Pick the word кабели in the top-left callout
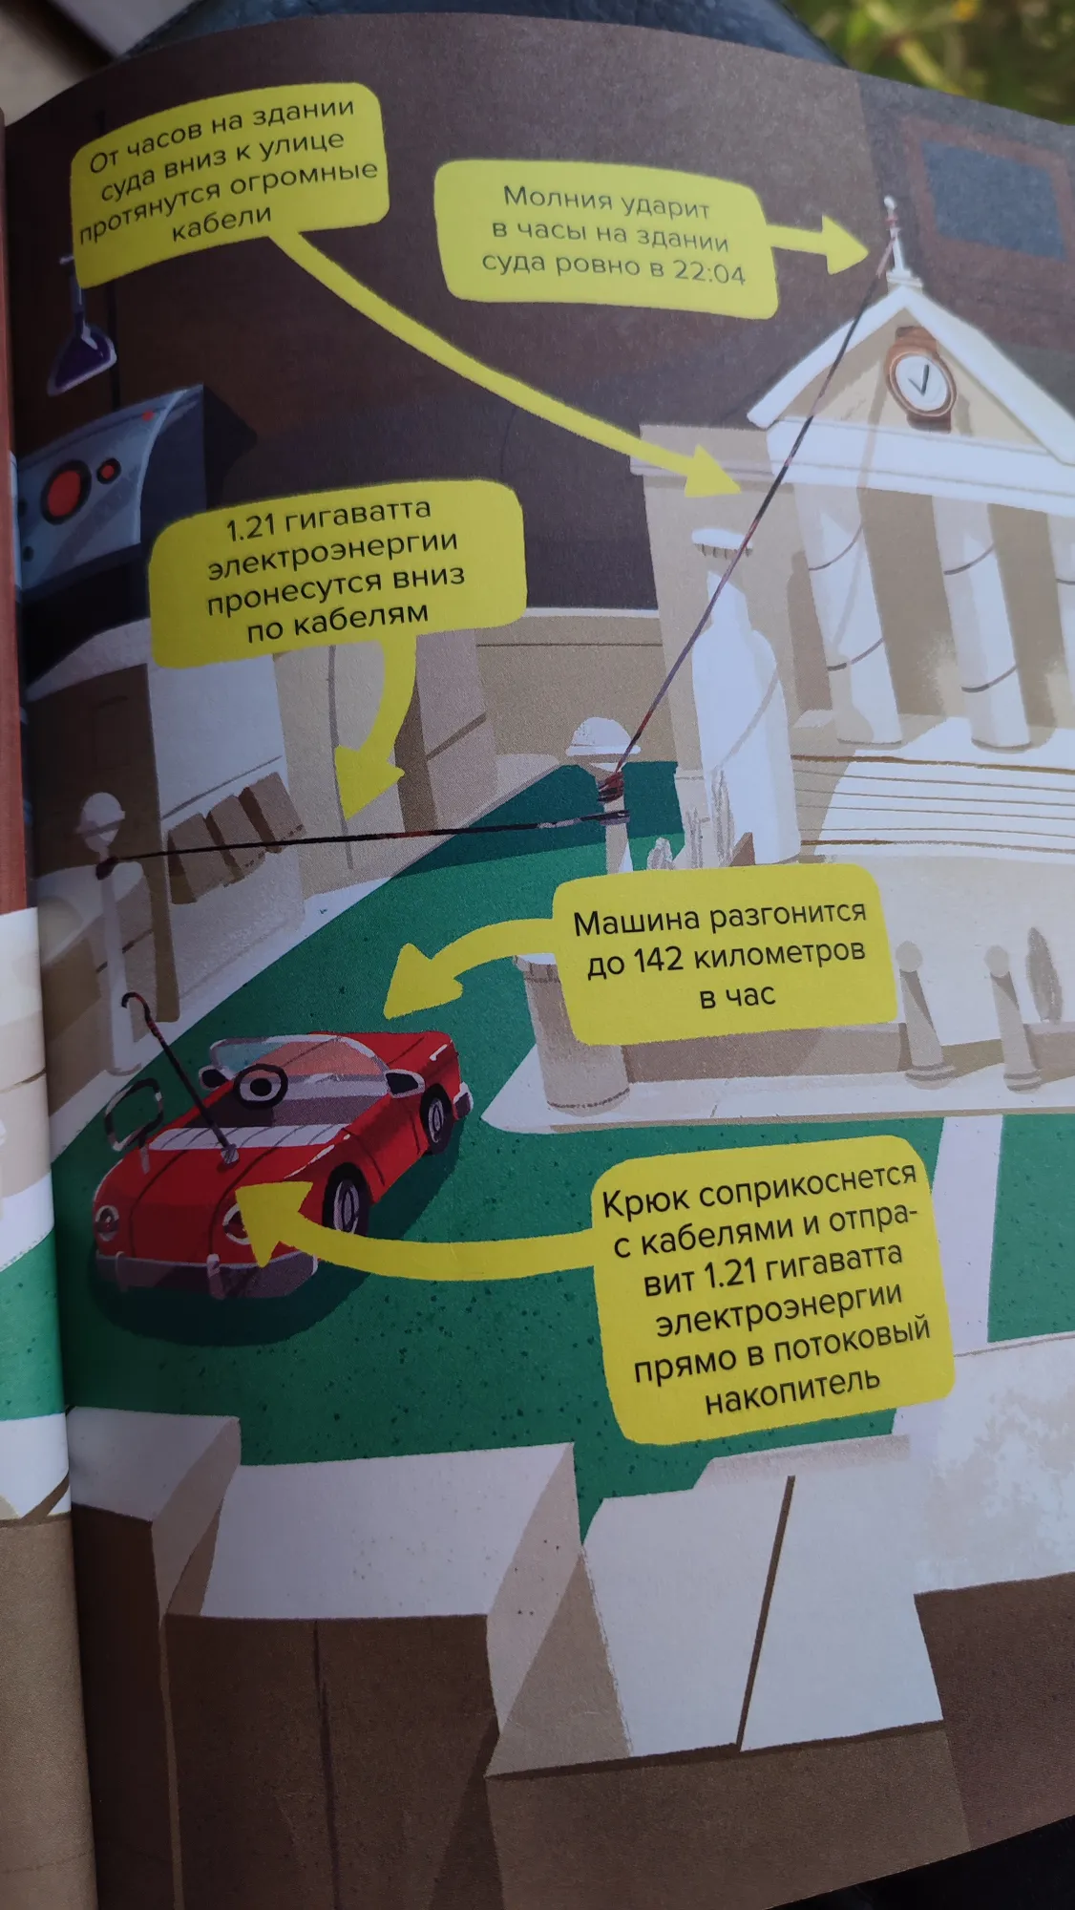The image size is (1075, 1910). [x=221, y=225]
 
